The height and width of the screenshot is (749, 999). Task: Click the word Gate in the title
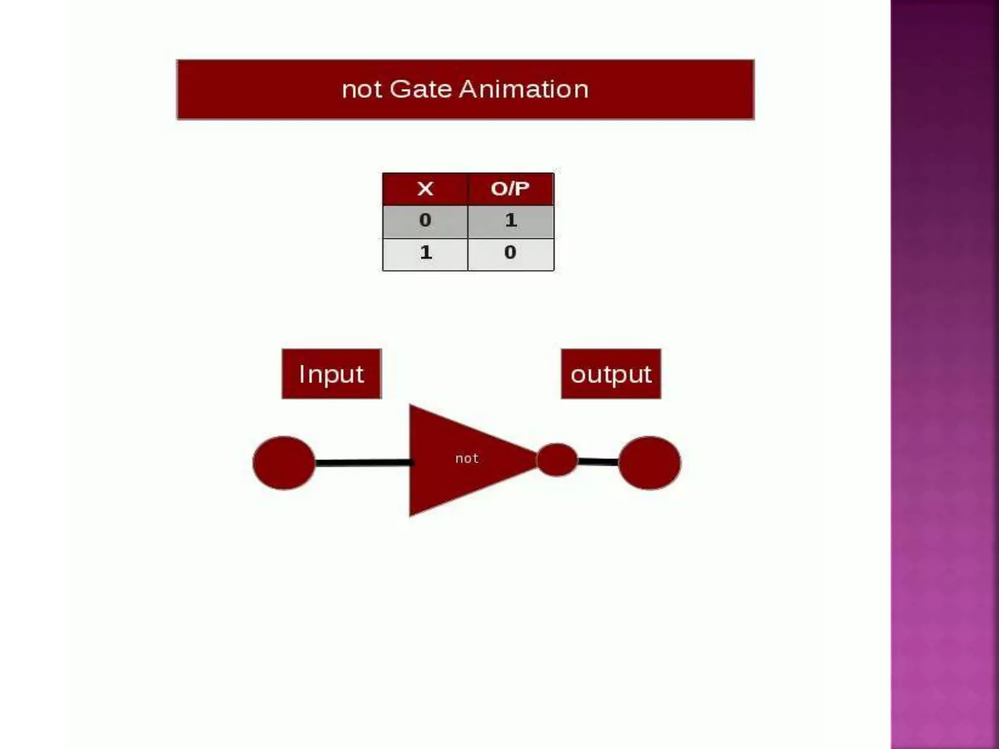coord(420,89)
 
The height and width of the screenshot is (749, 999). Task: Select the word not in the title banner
coord(361,90)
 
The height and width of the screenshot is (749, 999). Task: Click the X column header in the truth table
coord(425,189)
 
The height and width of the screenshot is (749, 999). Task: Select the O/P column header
coord(510,189)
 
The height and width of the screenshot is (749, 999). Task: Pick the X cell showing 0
coord(425,220)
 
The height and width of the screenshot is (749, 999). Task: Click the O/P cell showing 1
coord(511,220)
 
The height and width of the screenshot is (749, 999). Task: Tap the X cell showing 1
coord(425,253)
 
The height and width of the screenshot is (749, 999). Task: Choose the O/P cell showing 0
coord(510,253)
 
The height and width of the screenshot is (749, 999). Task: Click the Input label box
coord(331,374)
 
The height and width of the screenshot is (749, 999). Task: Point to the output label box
coord(611,374)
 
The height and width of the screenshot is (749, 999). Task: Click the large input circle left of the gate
coord(284,463)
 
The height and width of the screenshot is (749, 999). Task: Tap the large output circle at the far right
coord(649,463)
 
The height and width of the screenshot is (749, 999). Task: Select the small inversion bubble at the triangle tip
coord(557,459)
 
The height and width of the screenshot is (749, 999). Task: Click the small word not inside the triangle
coord(467,458)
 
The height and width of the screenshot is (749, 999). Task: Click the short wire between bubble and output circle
coord(598,461)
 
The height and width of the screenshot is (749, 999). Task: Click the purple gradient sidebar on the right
coord(944,374)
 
